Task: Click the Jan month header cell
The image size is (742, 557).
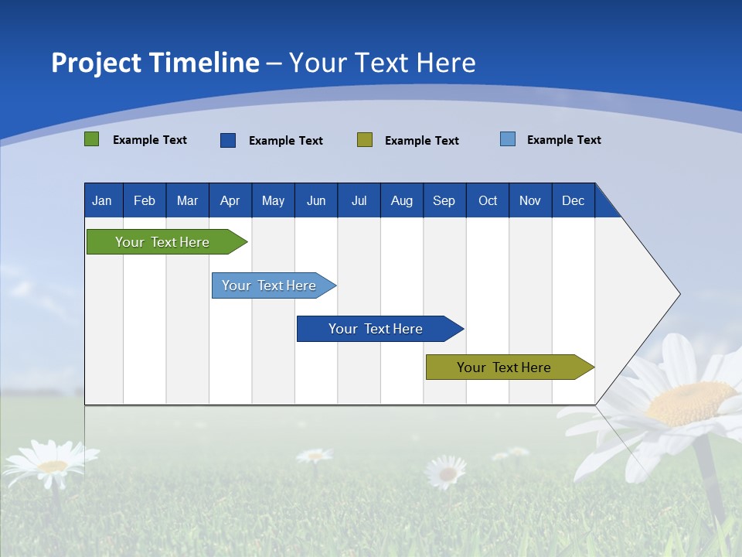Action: point(102,200)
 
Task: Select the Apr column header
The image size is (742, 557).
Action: point(230,200)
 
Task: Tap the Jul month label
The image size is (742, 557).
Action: point(359,200)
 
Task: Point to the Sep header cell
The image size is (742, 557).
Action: point(444,200)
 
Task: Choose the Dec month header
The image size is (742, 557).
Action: point(573,200)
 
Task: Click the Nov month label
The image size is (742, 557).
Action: point(529,200)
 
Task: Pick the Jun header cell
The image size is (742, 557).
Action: point(315,200)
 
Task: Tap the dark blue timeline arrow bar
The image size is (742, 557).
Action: point(376,329)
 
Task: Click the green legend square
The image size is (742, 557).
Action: point(91,139)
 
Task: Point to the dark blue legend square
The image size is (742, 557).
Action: point(228,140)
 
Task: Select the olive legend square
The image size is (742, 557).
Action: point(365,140)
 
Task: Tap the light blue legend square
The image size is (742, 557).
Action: point(508,139)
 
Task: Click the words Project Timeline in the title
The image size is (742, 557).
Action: point(155,63)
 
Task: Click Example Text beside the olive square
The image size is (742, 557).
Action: point(421,141)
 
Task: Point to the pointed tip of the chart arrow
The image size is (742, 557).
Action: point(679,294)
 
